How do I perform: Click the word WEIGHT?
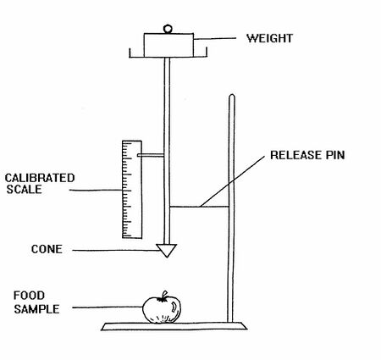pyautogui.click(x=269, y=38)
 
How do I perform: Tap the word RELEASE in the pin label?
pyautogui.click(x=295, y=155)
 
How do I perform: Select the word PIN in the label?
pyautogui.click(x=334, y=155)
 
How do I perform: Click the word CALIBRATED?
pyautogui.click(x=40, y=178)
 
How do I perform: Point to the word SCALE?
pyautogui.click(x=25, y=189)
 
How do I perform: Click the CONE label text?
pyautogui.click(x=47, y=249)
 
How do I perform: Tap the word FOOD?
pyautogui.click(x=29, y=296)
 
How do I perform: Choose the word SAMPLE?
pyautogui.click(x=36, y=309)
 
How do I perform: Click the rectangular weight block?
pyautogui.click(x=168, y=45)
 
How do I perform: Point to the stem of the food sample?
pyautogui.click(x=163, y=296)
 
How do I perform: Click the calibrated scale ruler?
pyautogui.click(x=132, y=190)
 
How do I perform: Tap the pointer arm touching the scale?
pyautogui.click(x=151, y=155)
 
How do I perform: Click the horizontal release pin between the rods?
pyautogui.click(x=199, y=207)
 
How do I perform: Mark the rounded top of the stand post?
pyautogui.click(x=232, y=96)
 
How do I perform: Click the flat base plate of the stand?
pyautogui.click(x=174, y=326)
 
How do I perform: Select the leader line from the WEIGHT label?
pyautogui.click(x=215, y=38)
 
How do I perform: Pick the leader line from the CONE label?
pyautogui.click(x=114, y=250)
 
